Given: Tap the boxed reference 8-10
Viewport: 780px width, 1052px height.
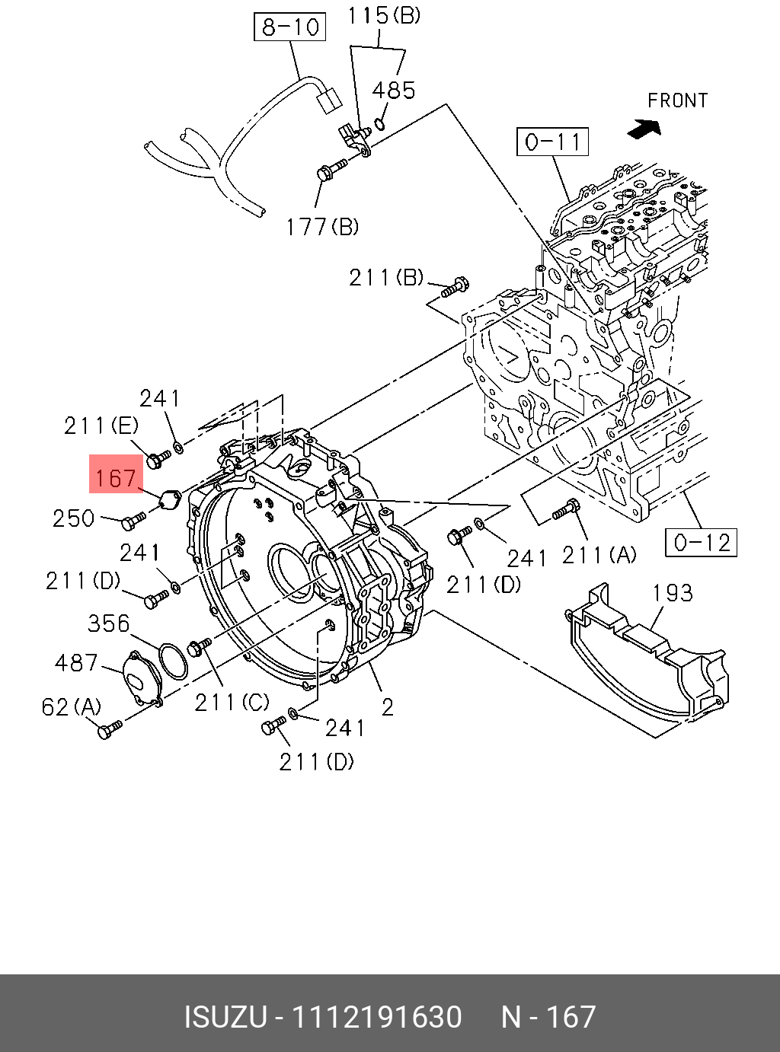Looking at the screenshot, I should click(289, 27).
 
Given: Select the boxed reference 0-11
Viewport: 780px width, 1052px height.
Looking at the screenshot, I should click(553, 142).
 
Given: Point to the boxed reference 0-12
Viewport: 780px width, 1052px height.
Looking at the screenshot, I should click(702, 542).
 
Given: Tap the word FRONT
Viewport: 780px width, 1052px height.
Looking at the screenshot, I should click(677, 100).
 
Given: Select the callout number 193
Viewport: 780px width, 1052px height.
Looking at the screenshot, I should click(673, 592).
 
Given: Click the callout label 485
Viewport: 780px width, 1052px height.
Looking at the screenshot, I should click(393, 91).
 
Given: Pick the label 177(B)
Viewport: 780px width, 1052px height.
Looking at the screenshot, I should click(321, 226).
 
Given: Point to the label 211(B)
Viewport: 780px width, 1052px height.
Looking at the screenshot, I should click(386, 277).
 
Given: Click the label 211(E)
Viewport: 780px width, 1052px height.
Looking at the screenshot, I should click(101, 426).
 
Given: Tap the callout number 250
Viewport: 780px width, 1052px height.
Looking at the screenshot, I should click(74, 518).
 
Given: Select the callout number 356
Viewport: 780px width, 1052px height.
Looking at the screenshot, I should click(109, 623).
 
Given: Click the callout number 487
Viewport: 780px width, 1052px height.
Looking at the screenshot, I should click(76, 662).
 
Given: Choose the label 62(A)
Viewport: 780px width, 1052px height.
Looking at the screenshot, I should click(71, 707).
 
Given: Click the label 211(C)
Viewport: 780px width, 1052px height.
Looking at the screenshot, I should click(232, 703).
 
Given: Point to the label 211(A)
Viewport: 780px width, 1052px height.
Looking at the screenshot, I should click(599, 555).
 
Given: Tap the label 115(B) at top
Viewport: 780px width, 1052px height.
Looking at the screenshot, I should click(384, 15).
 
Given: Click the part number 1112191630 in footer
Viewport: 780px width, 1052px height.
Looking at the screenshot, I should click(377, 1017).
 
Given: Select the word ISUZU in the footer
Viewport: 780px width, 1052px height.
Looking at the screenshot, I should click(225, 1017).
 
